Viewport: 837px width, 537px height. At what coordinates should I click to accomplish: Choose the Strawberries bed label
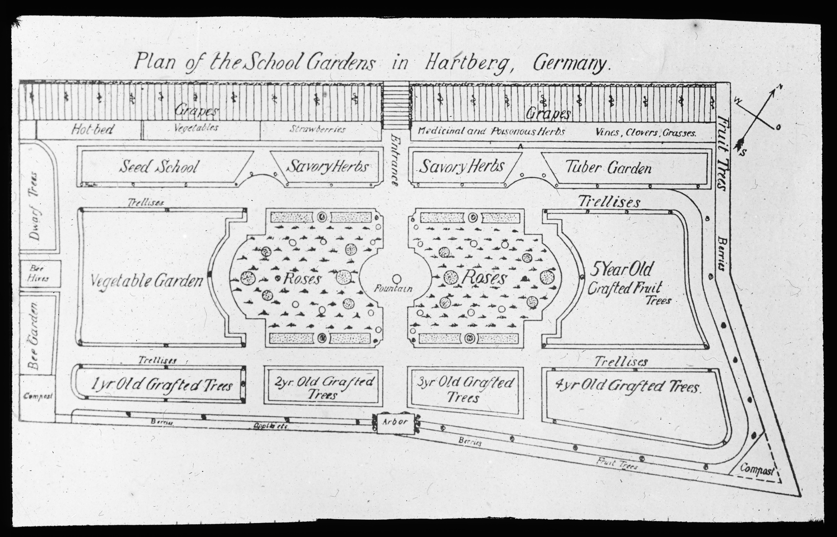tap(317, 129)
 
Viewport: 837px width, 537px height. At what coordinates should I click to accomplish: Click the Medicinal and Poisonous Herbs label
tap(491, 132)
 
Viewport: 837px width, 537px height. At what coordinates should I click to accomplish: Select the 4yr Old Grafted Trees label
tap(627, 386)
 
